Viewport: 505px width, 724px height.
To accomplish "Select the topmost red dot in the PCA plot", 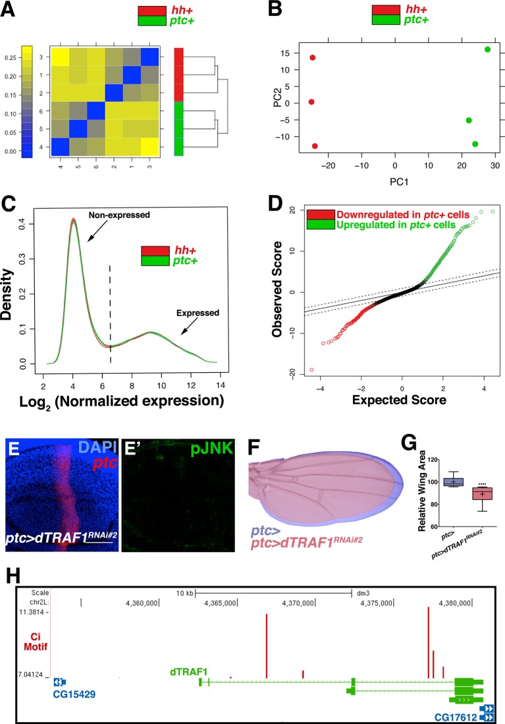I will (312, 58).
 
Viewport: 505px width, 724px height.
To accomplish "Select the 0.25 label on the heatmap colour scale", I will (10, 58).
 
